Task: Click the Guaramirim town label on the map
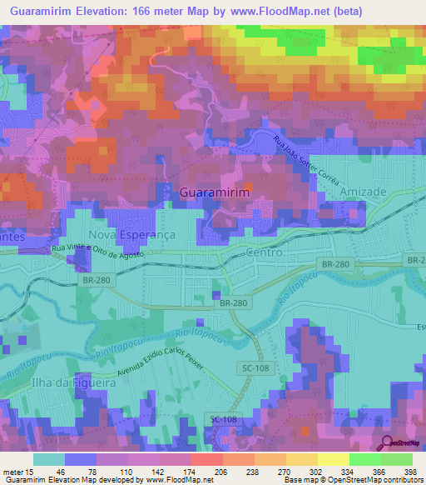(x=215, y=191)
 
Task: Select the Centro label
(x=265, y=251)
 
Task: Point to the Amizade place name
(x=364, y=192)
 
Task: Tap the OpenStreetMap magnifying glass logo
(x=386, y=443)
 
